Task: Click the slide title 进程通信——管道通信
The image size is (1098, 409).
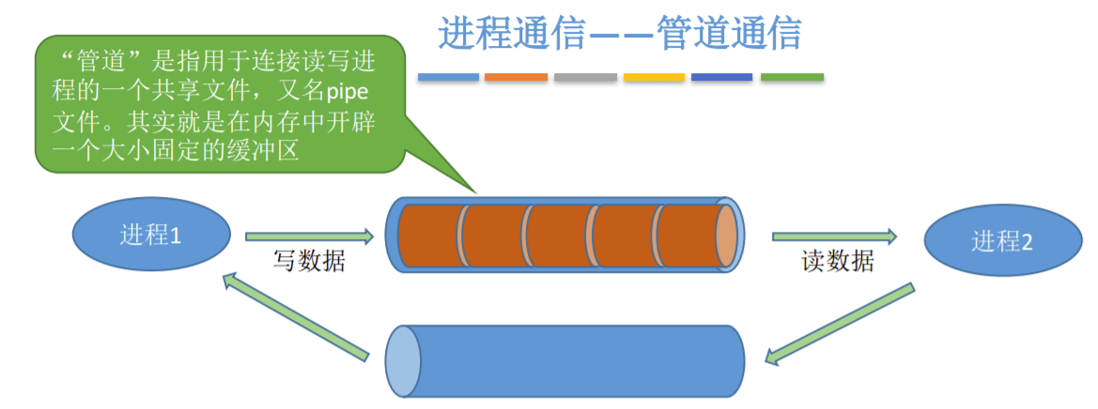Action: [620, 33]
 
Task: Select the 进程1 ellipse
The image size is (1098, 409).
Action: [151, 235]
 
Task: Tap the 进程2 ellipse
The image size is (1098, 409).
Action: [1001, 241]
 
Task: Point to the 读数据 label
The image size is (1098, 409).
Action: [838, 261]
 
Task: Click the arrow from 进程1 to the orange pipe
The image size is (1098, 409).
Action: [309, 236]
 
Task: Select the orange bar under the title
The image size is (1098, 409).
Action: [516, 77]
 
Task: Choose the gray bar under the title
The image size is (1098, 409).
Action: [585, 77]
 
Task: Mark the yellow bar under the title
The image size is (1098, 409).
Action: [654, 77]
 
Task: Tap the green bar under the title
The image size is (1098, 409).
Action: [792, 77]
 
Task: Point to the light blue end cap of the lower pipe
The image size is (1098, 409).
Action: [401, 360]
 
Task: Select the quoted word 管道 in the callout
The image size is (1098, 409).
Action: [104, 63]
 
